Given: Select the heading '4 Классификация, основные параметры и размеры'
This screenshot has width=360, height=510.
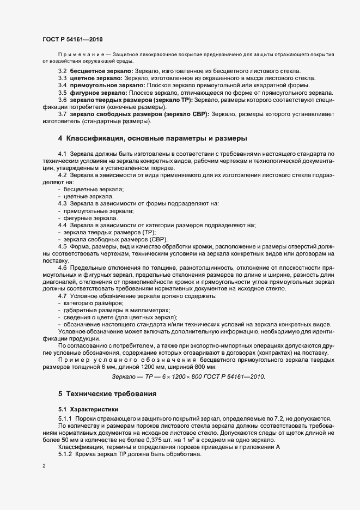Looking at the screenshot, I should [153, 138].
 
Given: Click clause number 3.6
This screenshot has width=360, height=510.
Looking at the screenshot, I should [63, 100].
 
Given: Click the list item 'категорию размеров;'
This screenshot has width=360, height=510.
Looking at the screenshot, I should [94, 302].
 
